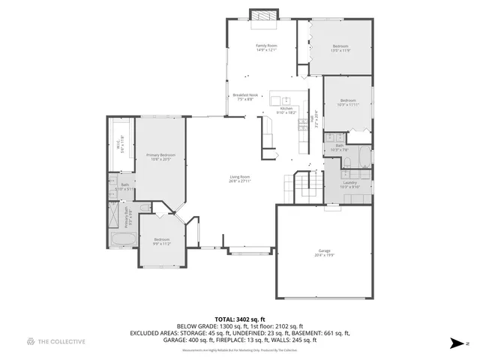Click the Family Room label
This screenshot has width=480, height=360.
(x=266, y=48)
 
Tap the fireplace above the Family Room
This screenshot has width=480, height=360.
(x=263, y=15)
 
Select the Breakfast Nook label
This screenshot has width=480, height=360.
(x=244, y=97)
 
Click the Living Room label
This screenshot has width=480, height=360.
(x=240, y=178)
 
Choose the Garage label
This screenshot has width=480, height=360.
(x=324, y=252)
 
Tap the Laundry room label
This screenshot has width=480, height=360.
(x=349, y=184)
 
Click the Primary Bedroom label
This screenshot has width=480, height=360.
(x=161, y=156)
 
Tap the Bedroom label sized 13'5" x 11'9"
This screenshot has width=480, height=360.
(x=341, y=48)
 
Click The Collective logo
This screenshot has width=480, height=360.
(x=56, y=342)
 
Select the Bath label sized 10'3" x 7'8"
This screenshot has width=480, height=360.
(x=340, y=148)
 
